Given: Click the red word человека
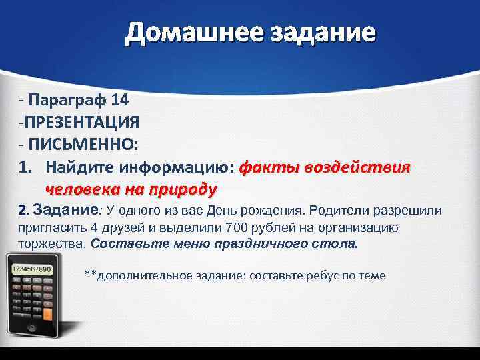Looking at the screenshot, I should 79,189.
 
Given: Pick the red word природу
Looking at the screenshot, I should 179,189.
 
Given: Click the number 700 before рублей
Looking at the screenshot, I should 237,227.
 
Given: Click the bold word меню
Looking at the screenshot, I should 190,243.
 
